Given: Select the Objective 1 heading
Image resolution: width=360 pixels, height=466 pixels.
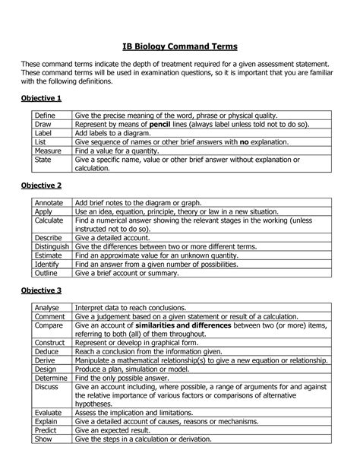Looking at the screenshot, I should click(x=41, y=99).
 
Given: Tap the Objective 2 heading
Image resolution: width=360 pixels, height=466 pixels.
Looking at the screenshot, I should click(x=41, y=185).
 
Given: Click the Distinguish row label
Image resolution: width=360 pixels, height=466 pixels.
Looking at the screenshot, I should click(x=52, y=246).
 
